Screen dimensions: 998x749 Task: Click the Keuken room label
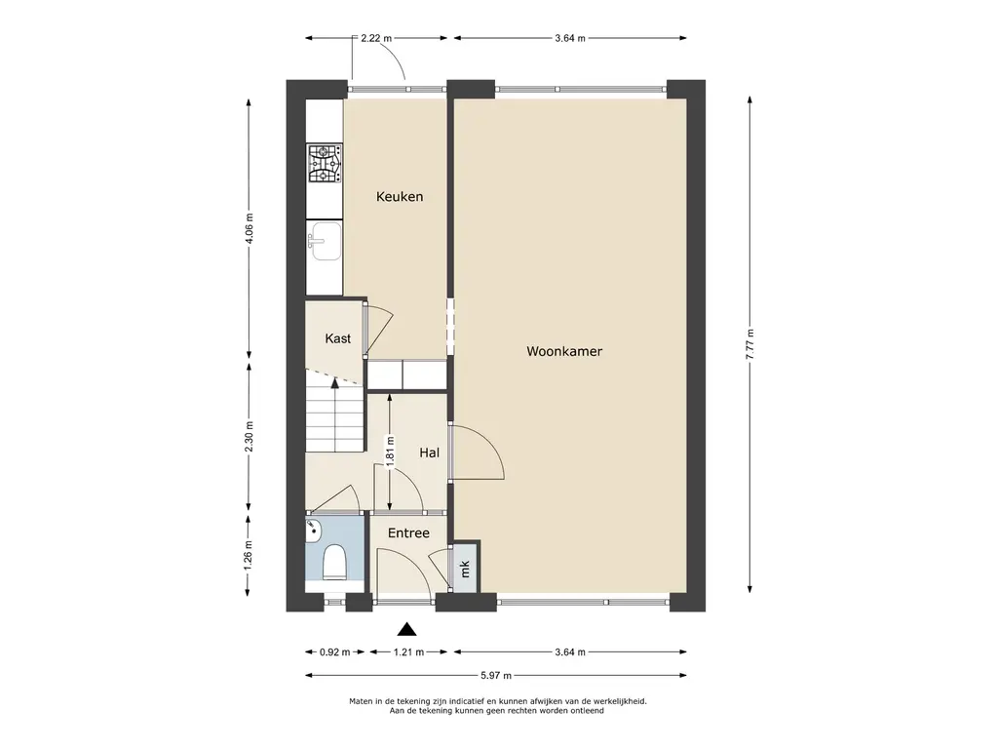[399, 196]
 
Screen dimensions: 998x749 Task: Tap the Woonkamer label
[564, 351]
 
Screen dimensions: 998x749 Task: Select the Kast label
[337, 338]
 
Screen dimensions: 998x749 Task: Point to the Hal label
[429, 453]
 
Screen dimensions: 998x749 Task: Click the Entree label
[408, 533]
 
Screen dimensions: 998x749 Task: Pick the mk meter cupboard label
[465, 569]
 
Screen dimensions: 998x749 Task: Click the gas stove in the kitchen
[325, 163]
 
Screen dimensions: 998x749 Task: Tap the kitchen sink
[324, 242]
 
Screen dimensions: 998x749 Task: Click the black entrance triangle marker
[406, 630]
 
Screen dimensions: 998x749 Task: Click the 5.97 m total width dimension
[495, 675]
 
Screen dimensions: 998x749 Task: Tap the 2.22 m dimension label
[376, 38]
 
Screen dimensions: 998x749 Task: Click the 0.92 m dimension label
[335, 651]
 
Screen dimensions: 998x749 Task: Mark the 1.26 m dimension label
[249, 556]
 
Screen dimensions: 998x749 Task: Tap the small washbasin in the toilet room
[313, 532]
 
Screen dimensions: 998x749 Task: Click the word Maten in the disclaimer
[361, 701]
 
